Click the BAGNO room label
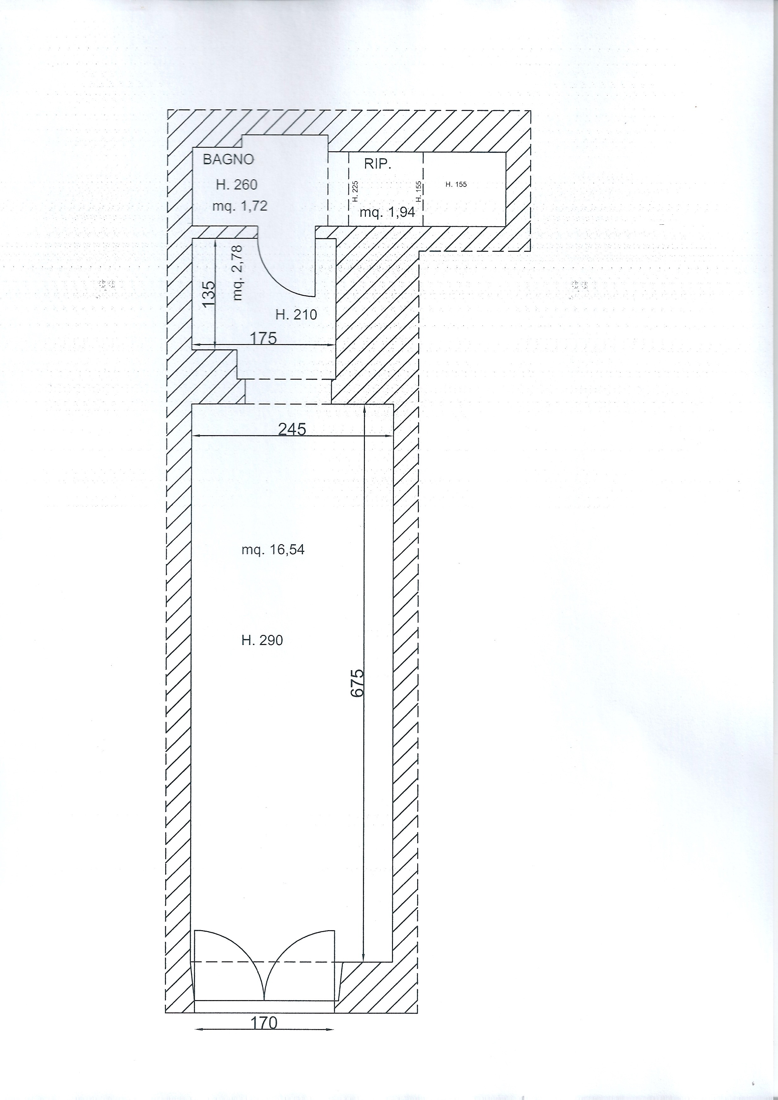click(x=228, y=159)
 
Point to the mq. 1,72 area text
click(x=240, y=206)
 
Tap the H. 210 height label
click(x=296, y=315)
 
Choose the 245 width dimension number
click(x=292, y=429)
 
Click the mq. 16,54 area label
click(x=273, y=550)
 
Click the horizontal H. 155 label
click(x=456, y=184)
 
